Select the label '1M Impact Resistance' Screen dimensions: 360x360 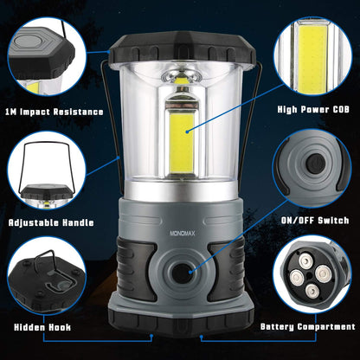[x=54, y=112]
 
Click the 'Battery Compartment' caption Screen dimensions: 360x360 [x=308, y=327]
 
